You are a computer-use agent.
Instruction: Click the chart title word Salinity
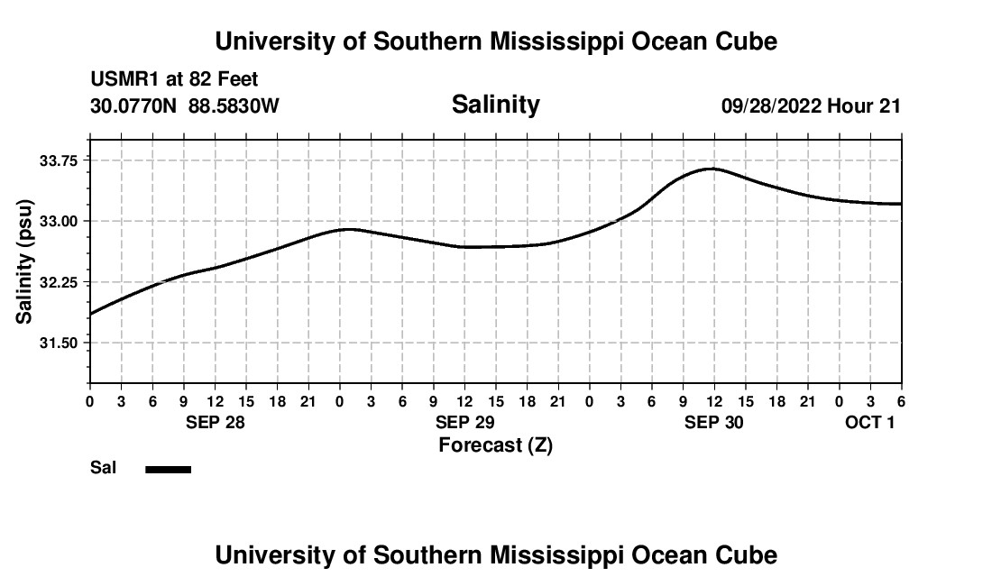click(x=495, y=105)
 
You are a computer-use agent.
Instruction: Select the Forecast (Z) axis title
click(x=495, y=444)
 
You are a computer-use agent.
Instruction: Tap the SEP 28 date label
click(x=216, y=422)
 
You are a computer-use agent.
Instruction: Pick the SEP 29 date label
click(x=464, y=422)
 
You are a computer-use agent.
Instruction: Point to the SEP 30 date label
click(x=714, y=422)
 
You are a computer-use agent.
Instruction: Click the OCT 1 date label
click(x=869, y=422)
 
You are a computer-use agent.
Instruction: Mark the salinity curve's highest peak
click(x=712, y=169)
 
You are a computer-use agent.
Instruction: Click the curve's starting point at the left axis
click(x=91, y=314)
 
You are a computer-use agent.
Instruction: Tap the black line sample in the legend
click(x=168, y=469)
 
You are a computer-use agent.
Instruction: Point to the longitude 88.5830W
click(x=234, y=105)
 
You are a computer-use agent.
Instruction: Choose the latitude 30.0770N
click(x=136, y=105)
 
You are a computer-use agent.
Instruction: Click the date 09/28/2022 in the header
click(x=771, y=105)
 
